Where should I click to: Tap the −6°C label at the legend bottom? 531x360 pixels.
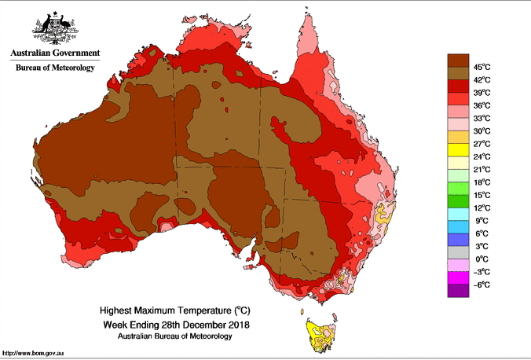[x=482, y=285]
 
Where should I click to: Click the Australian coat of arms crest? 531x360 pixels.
[x=54, y=28]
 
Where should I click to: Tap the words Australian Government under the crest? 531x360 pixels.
[x=54, y=53]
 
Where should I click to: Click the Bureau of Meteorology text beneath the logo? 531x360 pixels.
[x=54, y=68]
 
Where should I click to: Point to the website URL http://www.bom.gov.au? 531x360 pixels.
[x=34, y=354]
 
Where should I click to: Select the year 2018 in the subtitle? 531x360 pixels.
[x=239, y=324]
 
